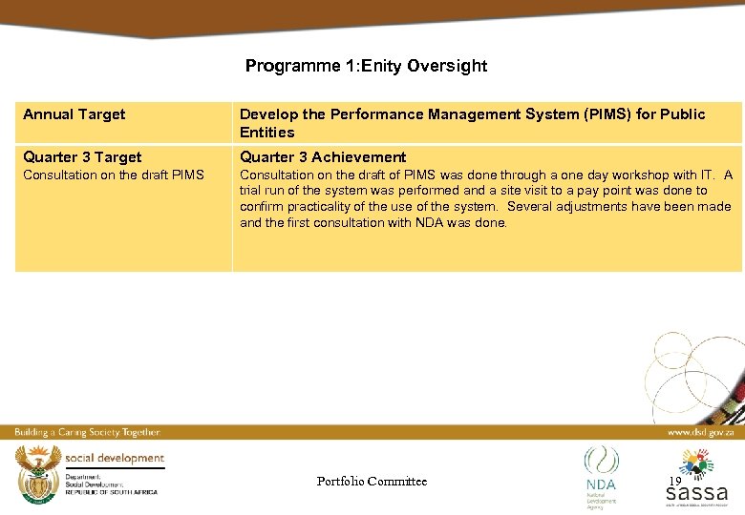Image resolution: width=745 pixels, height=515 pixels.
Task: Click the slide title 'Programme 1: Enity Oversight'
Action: (366, 66)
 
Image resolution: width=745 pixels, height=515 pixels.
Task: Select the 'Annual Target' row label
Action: (74, 114)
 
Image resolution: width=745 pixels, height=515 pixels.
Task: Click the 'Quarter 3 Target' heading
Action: (82, 157)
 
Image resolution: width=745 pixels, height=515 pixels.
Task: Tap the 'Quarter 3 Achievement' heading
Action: (323, 157)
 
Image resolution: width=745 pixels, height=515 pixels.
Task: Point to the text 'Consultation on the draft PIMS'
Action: (114, 175)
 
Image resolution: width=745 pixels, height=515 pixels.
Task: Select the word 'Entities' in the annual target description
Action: (267, 133)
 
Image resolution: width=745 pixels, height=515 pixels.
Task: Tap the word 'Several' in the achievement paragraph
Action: (530, 207)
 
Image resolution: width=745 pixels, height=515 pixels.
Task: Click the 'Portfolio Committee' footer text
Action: (372, 482)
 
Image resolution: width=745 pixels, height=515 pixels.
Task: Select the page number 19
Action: (674, 482)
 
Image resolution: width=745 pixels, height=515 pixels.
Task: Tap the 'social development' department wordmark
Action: (116, 459)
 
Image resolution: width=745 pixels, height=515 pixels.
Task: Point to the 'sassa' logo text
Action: (696, 493)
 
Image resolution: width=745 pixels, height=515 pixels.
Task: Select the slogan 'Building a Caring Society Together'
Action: (87, 432)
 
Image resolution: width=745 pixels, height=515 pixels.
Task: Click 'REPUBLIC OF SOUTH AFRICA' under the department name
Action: (111, 490)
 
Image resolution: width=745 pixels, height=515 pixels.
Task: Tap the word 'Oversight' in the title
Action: (447, 66)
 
